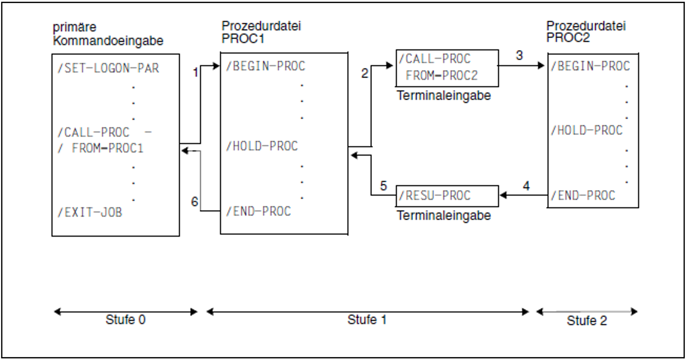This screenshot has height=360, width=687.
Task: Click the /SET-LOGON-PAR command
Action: click(108, 68)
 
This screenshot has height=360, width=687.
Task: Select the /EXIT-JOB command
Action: click(90, 212)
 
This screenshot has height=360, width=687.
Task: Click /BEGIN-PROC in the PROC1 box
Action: click(265, 66)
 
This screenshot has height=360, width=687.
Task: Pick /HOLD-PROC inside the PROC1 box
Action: click(262, 146)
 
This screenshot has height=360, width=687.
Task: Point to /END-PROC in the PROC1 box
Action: click(258, 211)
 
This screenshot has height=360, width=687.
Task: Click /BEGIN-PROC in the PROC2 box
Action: click(590, 66)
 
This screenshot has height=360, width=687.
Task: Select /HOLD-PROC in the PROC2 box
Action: click(587, 131)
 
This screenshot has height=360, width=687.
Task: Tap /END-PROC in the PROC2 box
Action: click(583, 195)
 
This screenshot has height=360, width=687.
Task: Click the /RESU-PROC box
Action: click(447, 196)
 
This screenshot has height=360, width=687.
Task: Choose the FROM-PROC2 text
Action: click(442, 75)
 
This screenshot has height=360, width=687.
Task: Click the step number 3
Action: click(519, 55)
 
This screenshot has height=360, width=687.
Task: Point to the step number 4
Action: click(526, 186)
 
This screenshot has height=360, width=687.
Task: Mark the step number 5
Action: click(383, 186)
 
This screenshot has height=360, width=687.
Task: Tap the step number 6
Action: click(194, 202)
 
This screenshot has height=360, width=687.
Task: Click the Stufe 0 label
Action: click(125, 320)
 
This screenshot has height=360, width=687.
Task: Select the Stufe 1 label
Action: click(367, 320)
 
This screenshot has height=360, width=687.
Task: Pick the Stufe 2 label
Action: click(587, 321)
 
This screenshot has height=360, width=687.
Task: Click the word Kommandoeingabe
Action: click(108, 41)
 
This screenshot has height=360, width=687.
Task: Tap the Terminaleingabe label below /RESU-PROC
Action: click(444, 215)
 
